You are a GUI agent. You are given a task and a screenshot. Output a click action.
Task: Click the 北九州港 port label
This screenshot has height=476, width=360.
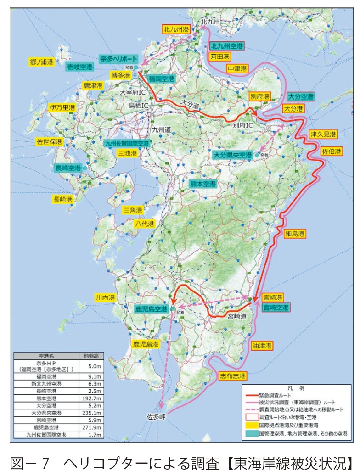176,29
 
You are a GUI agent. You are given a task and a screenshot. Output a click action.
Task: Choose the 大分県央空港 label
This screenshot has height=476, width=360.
233,155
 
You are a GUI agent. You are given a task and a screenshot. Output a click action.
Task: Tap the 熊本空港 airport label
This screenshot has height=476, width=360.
202,184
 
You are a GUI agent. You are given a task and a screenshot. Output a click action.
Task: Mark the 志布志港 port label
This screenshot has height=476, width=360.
232,375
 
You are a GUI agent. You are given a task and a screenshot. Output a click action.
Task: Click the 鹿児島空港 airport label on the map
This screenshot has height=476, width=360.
151,309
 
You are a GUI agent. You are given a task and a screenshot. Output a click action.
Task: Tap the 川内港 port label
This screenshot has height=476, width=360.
104,297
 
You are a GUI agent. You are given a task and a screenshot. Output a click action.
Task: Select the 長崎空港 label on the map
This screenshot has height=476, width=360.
67,168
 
